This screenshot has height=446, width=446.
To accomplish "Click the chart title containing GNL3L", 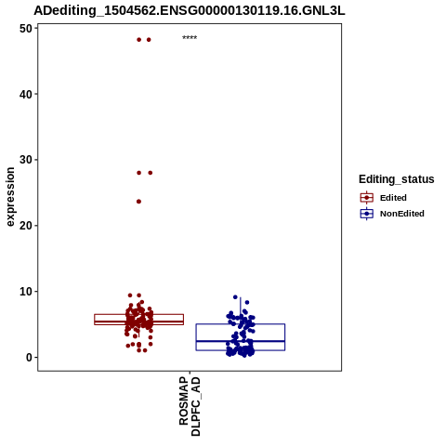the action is pyautogui.click(x=190, y=11).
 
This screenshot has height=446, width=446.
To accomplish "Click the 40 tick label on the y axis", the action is pyautogui.click(x=26, y=94).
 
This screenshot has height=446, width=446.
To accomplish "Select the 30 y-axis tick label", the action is pyautogui.click(x=26, y=160).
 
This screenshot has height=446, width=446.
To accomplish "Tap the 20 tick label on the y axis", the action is pyautogui.click(x=26, y=226).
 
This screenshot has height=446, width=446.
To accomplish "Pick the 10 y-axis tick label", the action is pyautogui.click(x=26, y=292).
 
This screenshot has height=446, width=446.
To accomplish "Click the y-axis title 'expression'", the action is pyautogui.click(x=10, y=197).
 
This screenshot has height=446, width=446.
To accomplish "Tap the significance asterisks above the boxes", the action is pyautogui.click(x=190, y=38).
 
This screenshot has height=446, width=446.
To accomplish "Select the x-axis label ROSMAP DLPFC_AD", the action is pyautogui.click(x=190, y=406).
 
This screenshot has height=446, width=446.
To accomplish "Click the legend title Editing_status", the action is pyautogui.click(x=397, y=179).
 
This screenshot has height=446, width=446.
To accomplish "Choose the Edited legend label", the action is pyautogui.click(x=393, y=198).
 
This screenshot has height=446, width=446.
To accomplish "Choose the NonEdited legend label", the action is pyautogui.click(x=402, y=214).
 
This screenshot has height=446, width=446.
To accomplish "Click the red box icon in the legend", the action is pyautogui.click(x=367, y=198).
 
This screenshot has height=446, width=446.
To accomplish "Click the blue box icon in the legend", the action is pyautogui.click(x=367, y=214).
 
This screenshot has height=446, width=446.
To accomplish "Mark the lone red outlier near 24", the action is pyautogui.click(x=138, y=202).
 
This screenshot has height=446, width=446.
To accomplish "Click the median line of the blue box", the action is pyautogui.click(x=241, y=341).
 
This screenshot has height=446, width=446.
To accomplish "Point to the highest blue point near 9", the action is pyautogui.click(x=235, y=297).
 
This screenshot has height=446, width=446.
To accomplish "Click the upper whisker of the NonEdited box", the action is pyautogui.click(x=241, y=310).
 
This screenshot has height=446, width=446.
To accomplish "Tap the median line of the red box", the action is pyautogui.click(x=138, y=321).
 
